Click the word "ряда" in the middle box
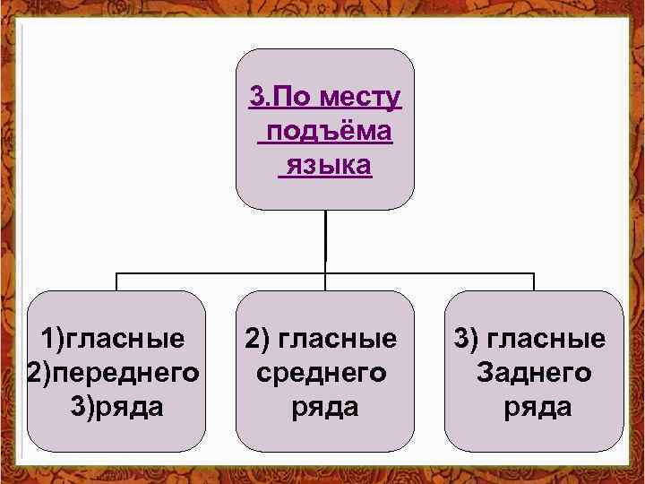pyautogui.click(x=324, y=407)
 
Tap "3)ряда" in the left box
pyautogui.click(x=116, y=407)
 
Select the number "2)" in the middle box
pyautogui.click(x=255, y=340)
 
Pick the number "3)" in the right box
pyautogui.click(x=466, y=340)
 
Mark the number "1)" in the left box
pyautogui.click(x=54, y=340)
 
